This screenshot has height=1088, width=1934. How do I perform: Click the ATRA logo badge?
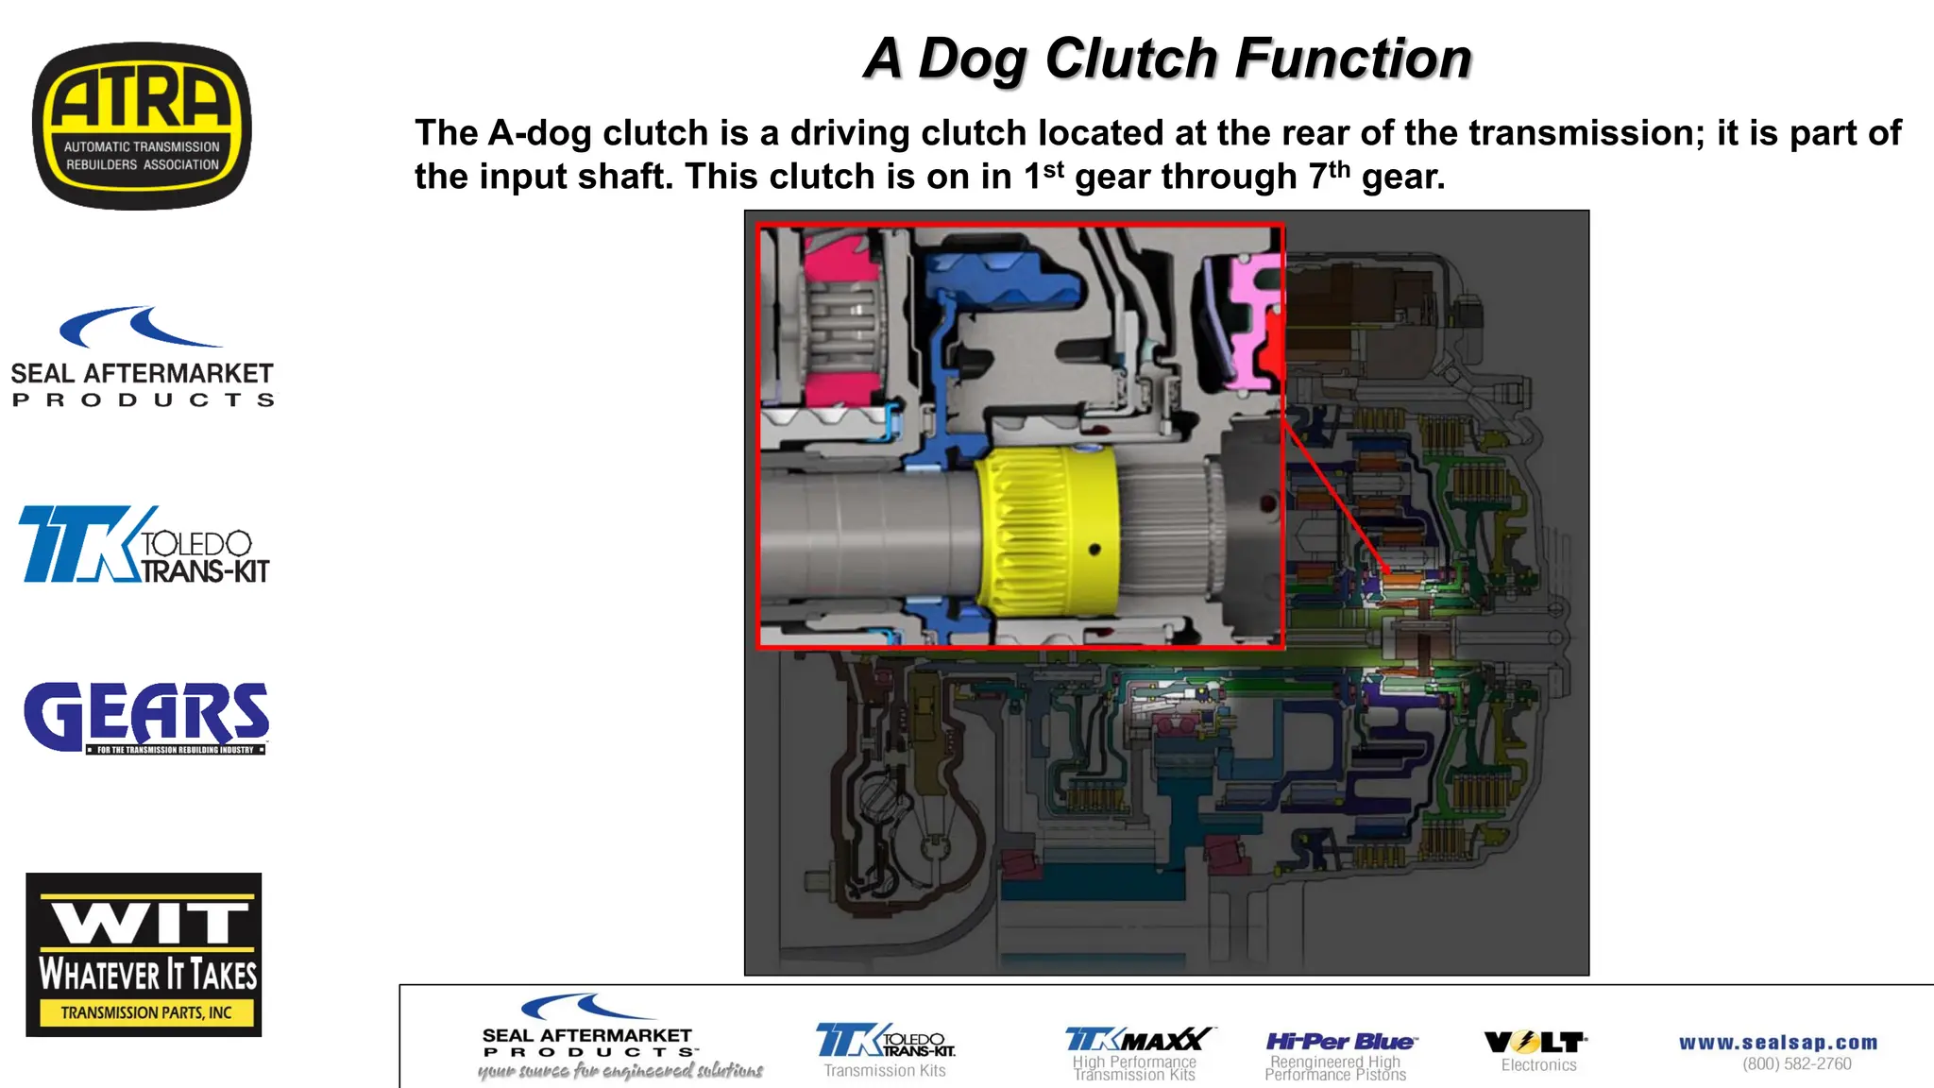click(x=142, y=126)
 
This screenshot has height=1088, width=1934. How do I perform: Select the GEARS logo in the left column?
click(x=146, y=718)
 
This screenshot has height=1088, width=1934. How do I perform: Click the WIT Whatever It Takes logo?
click(x=144, y=954)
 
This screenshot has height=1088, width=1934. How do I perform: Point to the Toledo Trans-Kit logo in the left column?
click(x=144, y=545)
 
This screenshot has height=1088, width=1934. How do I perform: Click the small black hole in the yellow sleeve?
click(x=1094, y=550)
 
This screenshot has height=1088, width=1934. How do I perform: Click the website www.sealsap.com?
click(x=1778, y=1043)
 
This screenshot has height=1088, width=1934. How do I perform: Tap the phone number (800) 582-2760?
click(x=1796, y=1064)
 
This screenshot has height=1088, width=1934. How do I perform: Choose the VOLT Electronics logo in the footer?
click(x=1536, y=1050)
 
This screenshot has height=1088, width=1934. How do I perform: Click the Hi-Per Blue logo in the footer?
click(x=1339, y=1043)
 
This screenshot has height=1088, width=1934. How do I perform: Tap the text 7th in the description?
click(x=1329, y=176)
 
